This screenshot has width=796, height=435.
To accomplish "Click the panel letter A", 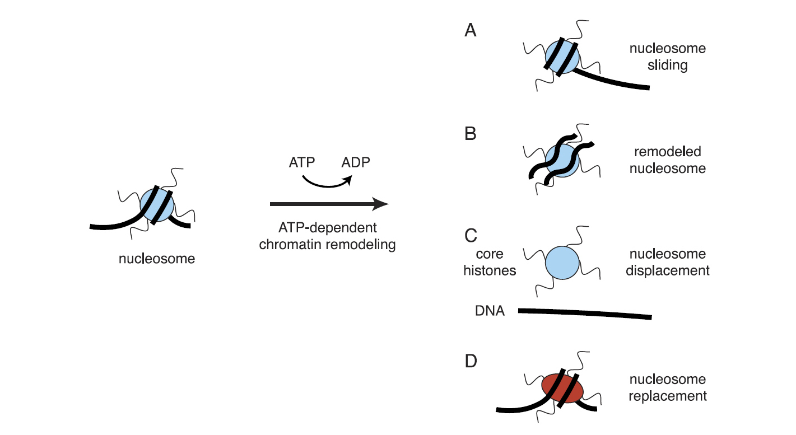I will point(471,31).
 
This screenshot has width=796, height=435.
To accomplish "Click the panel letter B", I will point(471,134).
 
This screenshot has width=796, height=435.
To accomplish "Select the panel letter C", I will point(471,236).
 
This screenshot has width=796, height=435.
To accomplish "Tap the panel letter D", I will point(471,361).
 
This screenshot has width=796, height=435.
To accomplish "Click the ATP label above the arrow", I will point(302,163).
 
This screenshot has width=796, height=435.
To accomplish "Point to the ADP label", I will point(356,163).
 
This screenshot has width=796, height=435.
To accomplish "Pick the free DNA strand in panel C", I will point(585,314).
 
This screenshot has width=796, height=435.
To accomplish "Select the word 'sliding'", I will point(667,65).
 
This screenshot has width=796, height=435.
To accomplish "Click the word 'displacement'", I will point(667,270).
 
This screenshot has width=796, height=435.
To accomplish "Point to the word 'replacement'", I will point(667,396).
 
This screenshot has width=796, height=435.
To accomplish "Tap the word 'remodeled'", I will point(667,152).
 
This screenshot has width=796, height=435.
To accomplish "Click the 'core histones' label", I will point(490,262).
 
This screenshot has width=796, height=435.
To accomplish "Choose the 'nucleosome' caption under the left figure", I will point(157,259).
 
